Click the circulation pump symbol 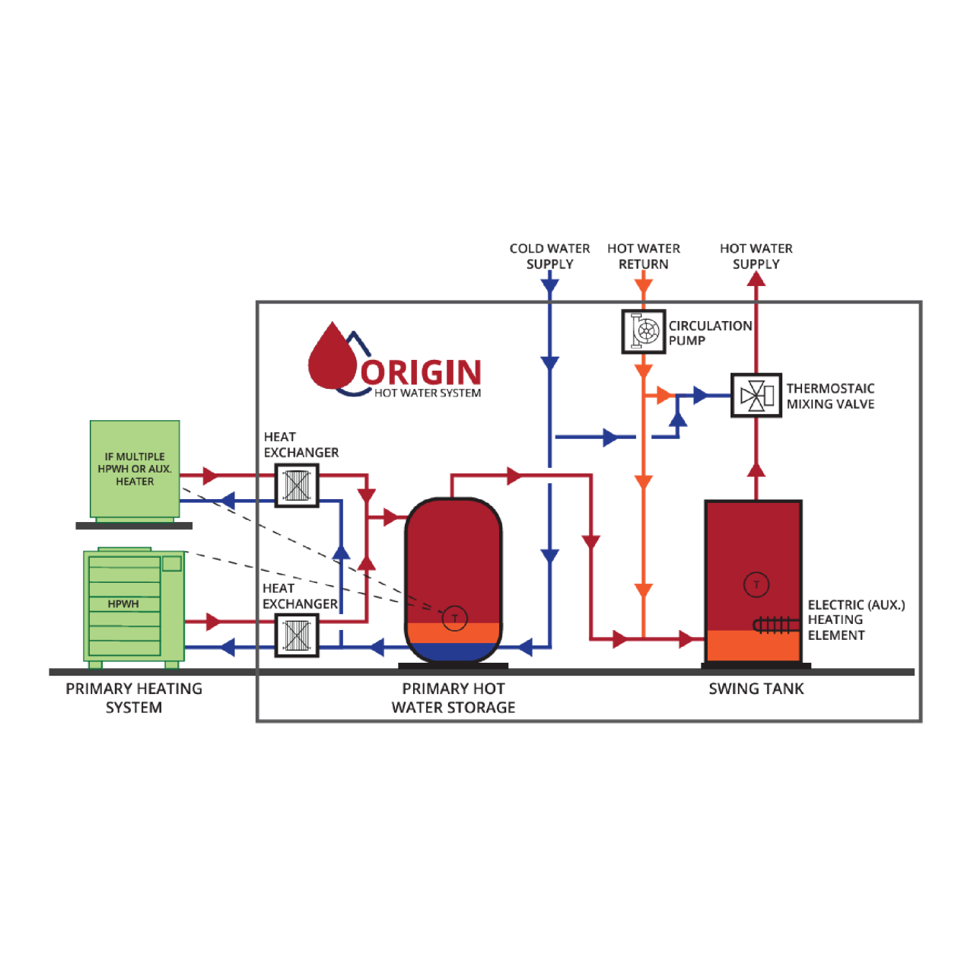[644, 332]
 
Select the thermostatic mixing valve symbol [756, 396]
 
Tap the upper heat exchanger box [297, 485]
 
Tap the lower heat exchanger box [297, 635]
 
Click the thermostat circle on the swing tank [756, 584]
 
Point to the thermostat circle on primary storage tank [454, 618]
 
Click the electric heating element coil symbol [775, 625]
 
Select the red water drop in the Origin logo [332, 358]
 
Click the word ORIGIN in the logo [422, 373]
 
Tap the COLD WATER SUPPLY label [549, 256]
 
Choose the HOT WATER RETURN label [644, 256]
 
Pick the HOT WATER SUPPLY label [756, 256]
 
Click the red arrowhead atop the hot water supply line [756, 279]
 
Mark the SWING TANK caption [756, 689]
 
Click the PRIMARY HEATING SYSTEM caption [134, 698]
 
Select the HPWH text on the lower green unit [123, 604]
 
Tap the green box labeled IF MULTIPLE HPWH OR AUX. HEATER [135, 469]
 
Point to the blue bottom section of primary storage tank [454, 651]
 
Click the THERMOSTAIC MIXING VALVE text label [830, 396]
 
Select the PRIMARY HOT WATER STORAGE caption [454, 698]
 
